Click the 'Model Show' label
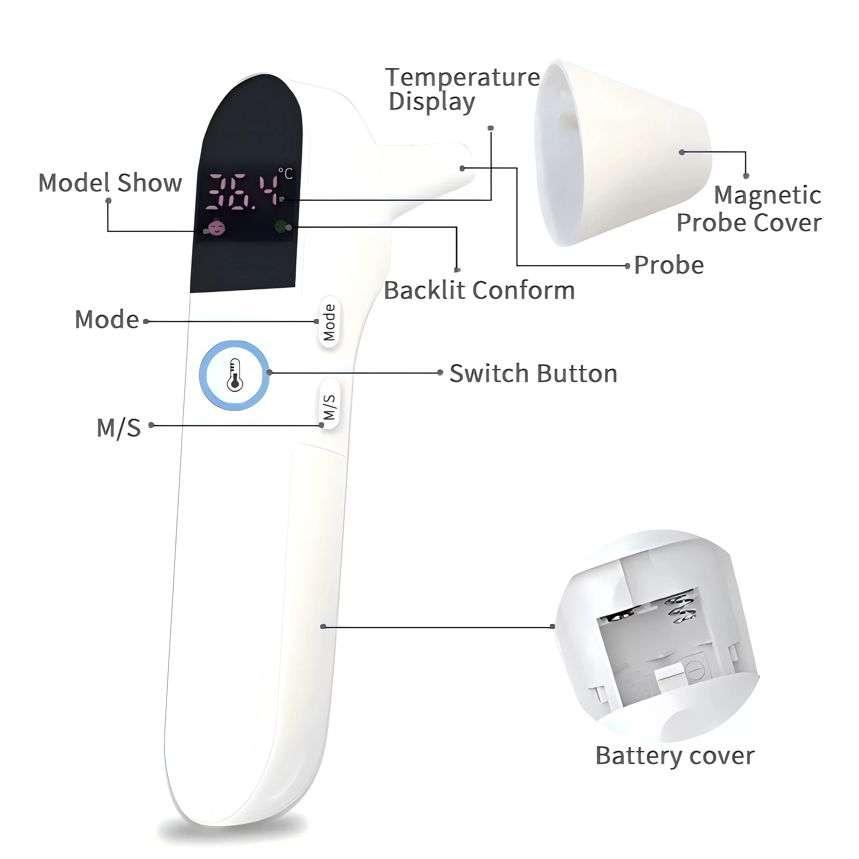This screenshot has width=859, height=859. point(110,183)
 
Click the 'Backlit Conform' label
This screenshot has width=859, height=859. point(479,291)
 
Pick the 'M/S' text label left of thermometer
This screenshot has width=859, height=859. point(119,428)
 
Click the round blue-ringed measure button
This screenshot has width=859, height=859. point(234,376)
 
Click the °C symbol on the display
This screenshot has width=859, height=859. point(286,173)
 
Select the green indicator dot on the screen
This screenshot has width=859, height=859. point(280,227)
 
